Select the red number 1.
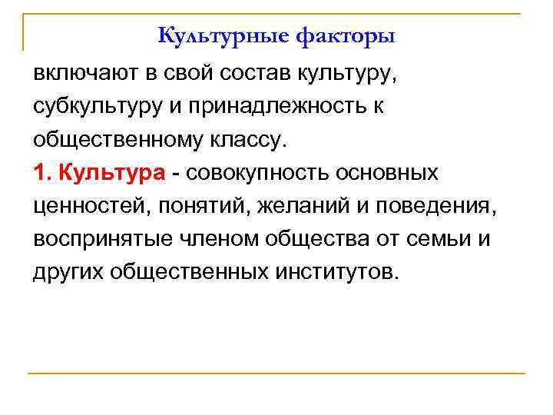click(x=41, y=174)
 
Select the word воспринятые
click(x=99, y=240)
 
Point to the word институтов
click(x=337, y=272)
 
